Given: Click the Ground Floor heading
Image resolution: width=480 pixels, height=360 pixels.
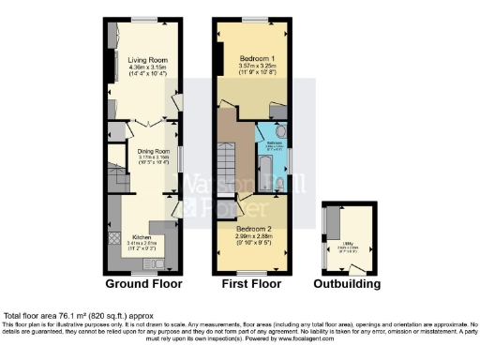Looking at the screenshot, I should click(x=142, y=283).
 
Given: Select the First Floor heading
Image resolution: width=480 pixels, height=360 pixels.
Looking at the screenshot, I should click(x=250, y=283).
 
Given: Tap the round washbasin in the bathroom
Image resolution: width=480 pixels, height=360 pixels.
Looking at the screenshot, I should click(x=282, y=132).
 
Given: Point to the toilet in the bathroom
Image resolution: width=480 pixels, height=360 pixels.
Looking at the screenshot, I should click(x=279, y=184).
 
